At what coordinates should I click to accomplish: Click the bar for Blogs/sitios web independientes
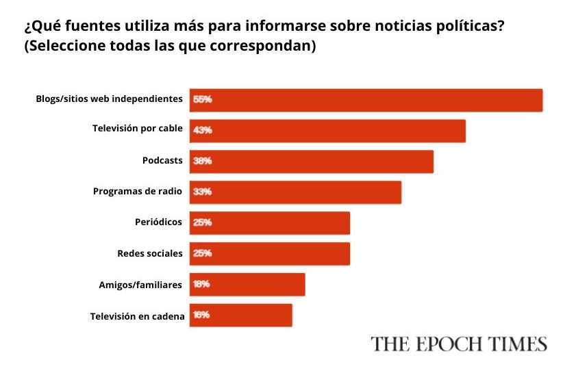click(x=366, y=100)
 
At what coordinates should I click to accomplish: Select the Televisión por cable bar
click(x=327, y=131)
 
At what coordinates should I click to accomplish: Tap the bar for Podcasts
click(x=312, y=162)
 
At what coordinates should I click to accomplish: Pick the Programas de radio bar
click(x=295, y=192)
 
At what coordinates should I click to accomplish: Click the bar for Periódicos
click(x=270, y=223)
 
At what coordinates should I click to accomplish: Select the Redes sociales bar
click(x=270, y=254)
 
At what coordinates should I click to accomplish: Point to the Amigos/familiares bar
click(x=247, y=284)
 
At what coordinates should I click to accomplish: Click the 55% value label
click(x=202, y=99)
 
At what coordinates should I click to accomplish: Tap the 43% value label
click(x=202, y=131)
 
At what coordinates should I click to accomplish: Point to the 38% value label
click(x=202, y=162)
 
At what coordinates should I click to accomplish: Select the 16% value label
click(x=201, y=315)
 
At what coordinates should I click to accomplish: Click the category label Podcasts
click(x=162, y=161)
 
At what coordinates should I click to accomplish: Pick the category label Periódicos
click(x=159, y=222)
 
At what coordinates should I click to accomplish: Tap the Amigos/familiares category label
click(x=140, y=284)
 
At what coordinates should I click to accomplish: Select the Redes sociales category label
click(x=150, y=253)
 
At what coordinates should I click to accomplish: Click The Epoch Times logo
click(x=459, y=344)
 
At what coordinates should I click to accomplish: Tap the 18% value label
click(x=201, y=284)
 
